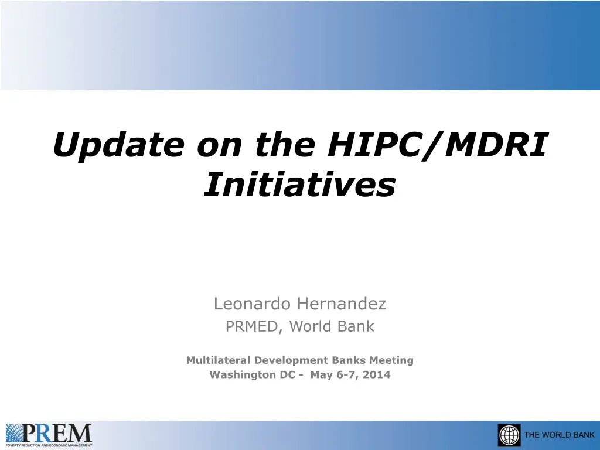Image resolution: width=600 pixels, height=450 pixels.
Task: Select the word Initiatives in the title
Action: pos(300,185)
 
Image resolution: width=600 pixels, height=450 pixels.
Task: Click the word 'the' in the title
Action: pos(285,145)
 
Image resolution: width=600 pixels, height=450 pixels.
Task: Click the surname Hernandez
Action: pos(342,304)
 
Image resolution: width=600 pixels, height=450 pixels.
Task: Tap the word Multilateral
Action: pos(218,360)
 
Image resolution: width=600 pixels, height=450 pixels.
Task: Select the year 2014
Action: pos(377,374)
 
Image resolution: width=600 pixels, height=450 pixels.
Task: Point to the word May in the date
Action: pos(322,375)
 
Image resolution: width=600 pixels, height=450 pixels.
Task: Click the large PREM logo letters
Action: pos(57,433)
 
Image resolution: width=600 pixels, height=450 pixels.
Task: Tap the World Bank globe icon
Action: pos(509,435)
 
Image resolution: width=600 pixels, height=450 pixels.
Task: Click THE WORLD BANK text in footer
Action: pos(560,435)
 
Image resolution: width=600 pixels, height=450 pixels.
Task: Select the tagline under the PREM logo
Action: pos(49,445)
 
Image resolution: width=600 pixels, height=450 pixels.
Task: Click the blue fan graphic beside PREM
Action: pos(15,433)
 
